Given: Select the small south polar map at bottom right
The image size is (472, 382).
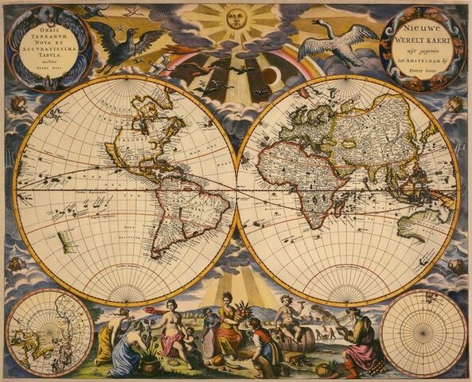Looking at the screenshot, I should click(x=423, y=332).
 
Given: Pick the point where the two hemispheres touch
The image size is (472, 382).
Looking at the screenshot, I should click(x=237, y=189).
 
